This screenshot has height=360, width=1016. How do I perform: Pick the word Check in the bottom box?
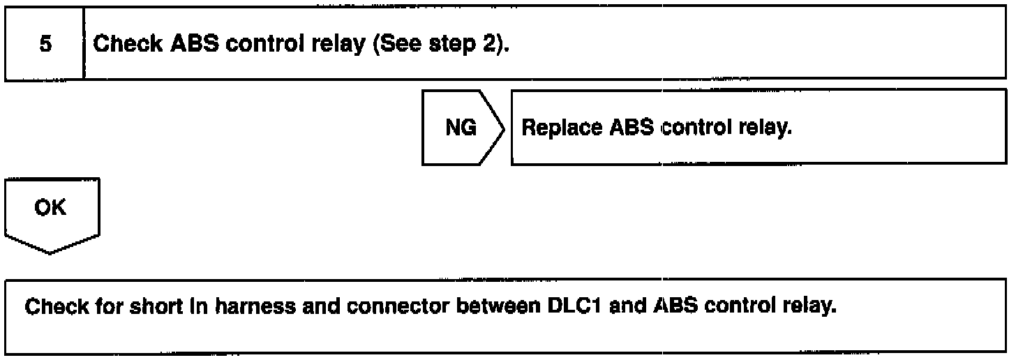click(x=51, y=308)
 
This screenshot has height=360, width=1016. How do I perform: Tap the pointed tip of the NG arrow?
click(x=505, y=128)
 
